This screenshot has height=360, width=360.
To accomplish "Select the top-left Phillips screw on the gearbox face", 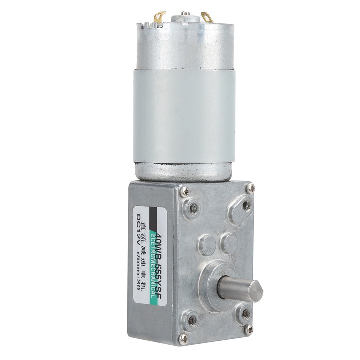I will pyautogui.click(x=184, y=190).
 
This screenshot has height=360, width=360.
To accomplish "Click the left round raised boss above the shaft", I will pyautogui.click(x=207, y=244).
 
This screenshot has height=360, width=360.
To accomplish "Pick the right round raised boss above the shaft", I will pyautogui.click(x=229, y=242).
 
